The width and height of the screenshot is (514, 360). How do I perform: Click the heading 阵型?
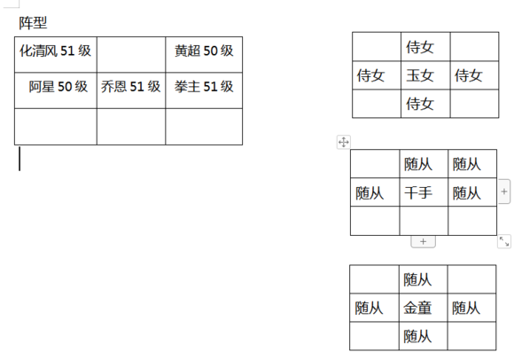(x=33, y=23)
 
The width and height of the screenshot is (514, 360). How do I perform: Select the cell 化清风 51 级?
(x=56, y=54)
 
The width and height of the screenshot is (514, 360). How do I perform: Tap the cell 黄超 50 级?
(x=204, y=54)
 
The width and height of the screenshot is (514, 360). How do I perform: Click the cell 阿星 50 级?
(x=56, y=90)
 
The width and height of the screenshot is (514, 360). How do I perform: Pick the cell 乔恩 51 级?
(x=131, y=90)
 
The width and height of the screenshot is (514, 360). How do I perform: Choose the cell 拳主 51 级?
(x=204, y=90)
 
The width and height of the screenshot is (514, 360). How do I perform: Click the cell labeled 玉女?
(x=425, y=75)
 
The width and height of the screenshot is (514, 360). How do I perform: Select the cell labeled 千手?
(x=424, y=192)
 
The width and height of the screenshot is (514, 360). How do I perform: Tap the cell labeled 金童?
(x=423, y=308)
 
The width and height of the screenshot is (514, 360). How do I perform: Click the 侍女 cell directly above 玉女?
(x=425, y=47)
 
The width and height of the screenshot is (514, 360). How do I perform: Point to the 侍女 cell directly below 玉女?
(x=425, y=104)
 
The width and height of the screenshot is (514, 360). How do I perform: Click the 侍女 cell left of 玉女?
(x=377, y=75)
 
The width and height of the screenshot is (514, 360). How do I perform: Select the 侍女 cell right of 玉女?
(x=474, y=75)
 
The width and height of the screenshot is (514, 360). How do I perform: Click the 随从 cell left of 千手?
(x=375, y=192)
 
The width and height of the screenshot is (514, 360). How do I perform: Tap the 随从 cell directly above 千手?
(x=424, y=164)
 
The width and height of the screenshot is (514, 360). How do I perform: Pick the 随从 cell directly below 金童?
(x=423, y=336)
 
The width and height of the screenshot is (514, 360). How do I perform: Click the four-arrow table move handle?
(x=344, y=142)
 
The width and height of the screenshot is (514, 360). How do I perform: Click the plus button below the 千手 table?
(x=424, y=242)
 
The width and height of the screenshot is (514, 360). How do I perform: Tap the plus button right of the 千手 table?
(x=504, y=192)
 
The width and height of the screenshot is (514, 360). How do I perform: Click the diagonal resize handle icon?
(x=504, y=242)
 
